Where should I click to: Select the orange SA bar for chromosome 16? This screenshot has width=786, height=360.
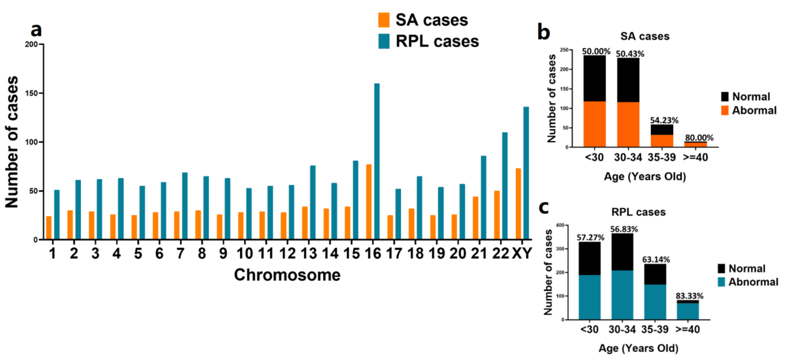(369, 201)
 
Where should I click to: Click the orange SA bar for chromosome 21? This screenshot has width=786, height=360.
(475, 218)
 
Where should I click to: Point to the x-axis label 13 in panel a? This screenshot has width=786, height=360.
(309, 253)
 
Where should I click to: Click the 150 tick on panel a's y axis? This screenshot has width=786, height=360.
(31, 93)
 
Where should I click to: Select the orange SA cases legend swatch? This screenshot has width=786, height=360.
(383, 20)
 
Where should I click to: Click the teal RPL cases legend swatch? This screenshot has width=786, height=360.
(383, 41)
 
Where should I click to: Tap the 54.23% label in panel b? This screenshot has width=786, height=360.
(664, 120)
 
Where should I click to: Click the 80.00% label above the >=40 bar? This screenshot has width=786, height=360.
(699, 138)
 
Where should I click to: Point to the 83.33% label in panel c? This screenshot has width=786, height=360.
(689, 296)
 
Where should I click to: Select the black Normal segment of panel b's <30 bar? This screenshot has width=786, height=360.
(594, 78)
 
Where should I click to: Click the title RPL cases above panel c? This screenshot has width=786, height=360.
(638, 212)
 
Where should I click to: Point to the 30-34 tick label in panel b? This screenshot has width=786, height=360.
(628, 157)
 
